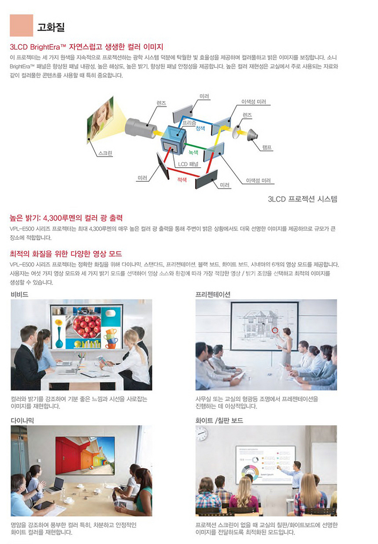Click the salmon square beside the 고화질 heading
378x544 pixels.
click(x=21, y=25)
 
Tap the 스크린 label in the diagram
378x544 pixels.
click(x=105, y=153)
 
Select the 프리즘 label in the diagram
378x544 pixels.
click(x=189, y=123)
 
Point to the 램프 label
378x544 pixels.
click(x=267, y=148)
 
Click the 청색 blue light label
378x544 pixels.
click(x=200, y=128)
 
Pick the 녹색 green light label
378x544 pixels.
click(x=194, y=152)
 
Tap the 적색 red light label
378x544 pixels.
click(x=182, y=180)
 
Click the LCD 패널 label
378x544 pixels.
click(x=188, y=164)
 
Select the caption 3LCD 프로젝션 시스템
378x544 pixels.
click(x=302, y=199)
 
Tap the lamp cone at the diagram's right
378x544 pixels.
click(x=253, y=134)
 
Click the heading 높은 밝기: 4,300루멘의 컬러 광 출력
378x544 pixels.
click(x=66, y=218)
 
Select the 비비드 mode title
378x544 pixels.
click(x=20, y=294)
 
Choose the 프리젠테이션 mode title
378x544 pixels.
click(x=213, y=294)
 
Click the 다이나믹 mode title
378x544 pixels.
click(x=22, y=420)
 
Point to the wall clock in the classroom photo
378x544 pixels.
click(x=201, y=434)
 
